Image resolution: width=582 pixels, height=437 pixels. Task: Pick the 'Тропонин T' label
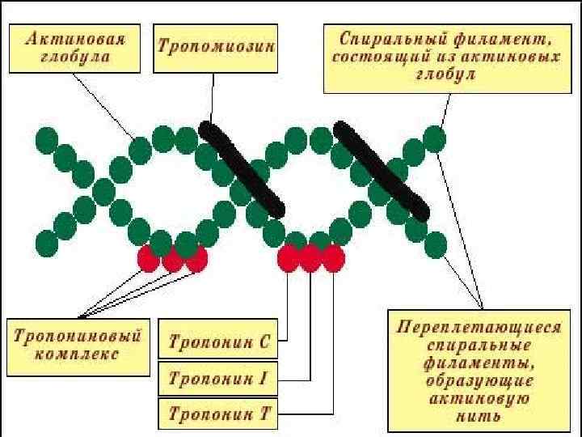(x=218, y=415)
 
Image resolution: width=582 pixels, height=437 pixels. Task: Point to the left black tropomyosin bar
(x=242, y=169)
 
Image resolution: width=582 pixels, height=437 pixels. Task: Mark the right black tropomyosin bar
(x=381, y=169)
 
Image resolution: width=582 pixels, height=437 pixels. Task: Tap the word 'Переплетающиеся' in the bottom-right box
(x=479, y=328)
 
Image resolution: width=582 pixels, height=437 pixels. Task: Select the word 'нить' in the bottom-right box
(x=479, y=417)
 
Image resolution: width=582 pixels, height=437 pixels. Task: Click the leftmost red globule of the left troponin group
(x=149, y=258)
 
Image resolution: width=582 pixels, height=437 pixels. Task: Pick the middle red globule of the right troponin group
(x=311, y=258)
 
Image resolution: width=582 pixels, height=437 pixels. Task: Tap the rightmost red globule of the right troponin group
(x=333, y=258)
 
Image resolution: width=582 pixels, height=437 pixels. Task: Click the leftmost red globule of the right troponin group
(x=289, y=258)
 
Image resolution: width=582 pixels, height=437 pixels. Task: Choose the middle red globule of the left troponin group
(x=172, y=259)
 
